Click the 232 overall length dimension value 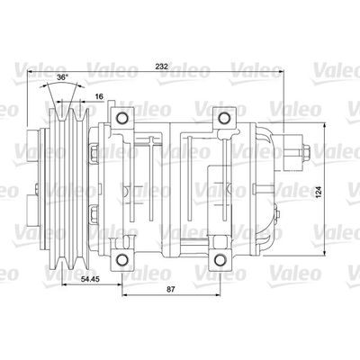point(162,67)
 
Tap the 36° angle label point(62,76)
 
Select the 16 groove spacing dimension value point(99,96)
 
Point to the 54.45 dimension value point(90,279)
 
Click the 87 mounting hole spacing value point(170,289)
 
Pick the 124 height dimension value point(319,192)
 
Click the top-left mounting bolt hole point(121,118)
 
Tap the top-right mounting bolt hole point(224,118)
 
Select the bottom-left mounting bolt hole point(121,260)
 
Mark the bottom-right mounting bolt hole point(220,260)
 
